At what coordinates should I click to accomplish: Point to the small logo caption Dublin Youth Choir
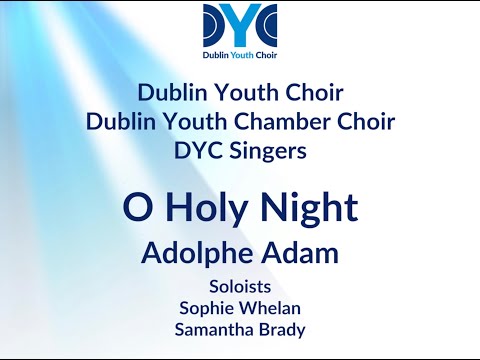tap(240, 55)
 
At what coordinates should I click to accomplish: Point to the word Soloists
tap(240, 284)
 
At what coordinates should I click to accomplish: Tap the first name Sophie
tap(207, 306)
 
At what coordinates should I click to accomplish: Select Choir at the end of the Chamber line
tap(369, 122)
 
